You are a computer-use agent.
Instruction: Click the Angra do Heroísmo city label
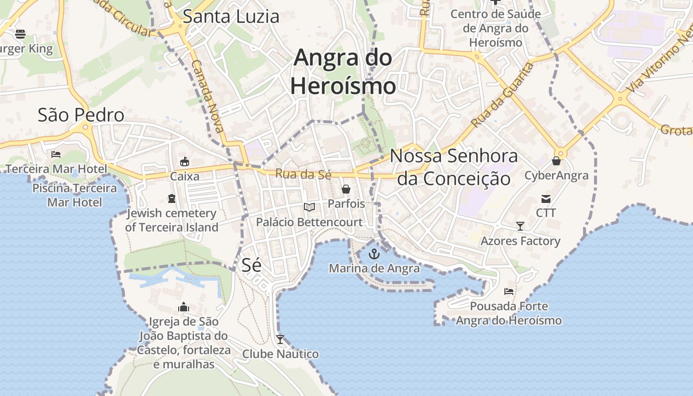343,72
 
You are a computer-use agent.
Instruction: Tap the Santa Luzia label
231,16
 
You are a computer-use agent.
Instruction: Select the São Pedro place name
81,115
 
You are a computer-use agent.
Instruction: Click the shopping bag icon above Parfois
346,189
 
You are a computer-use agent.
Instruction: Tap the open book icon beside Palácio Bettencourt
309,207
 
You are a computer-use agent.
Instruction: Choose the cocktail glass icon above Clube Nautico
280,340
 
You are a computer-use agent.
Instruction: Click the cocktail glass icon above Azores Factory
520,226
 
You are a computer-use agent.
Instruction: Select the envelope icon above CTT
546,199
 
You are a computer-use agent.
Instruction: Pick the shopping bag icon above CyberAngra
556,161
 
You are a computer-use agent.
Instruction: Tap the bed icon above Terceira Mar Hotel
56,154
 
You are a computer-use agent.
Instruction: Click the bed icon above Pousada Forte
509,292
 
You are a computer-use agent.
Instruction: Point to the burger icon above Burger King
20,34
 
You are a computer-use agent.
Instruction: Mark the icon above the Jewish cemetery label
172,198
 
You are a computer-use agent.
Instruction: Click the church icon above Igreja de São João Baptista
184,307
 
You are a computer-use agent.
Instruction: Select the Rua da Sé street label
296,174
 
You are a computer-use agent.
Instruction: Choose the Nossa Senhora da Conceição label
454,167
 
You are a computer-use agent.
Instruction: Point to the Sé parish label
251,265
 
